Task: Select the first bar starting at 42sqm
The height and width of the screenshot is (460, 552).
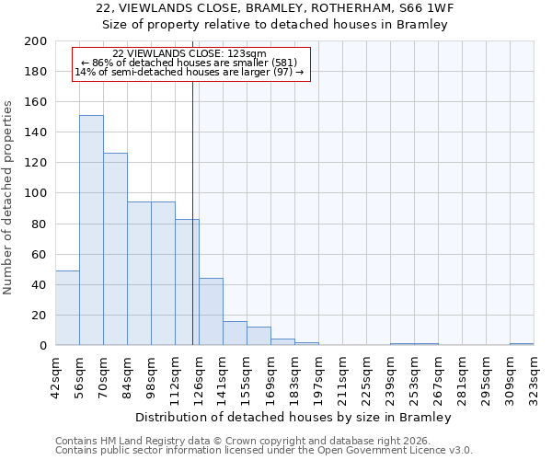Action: (67, 308)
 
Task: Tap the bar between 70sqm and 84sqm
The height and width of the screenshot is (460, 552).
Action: (115, 249)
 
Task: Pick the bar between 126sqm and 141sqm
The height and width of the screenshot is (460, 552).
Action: (211, 312)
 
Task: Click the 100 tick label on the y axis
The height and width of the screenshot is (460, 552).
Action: (37, 193)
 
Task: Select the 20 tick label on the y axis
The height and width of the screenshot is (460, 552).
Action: (40, 316)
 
